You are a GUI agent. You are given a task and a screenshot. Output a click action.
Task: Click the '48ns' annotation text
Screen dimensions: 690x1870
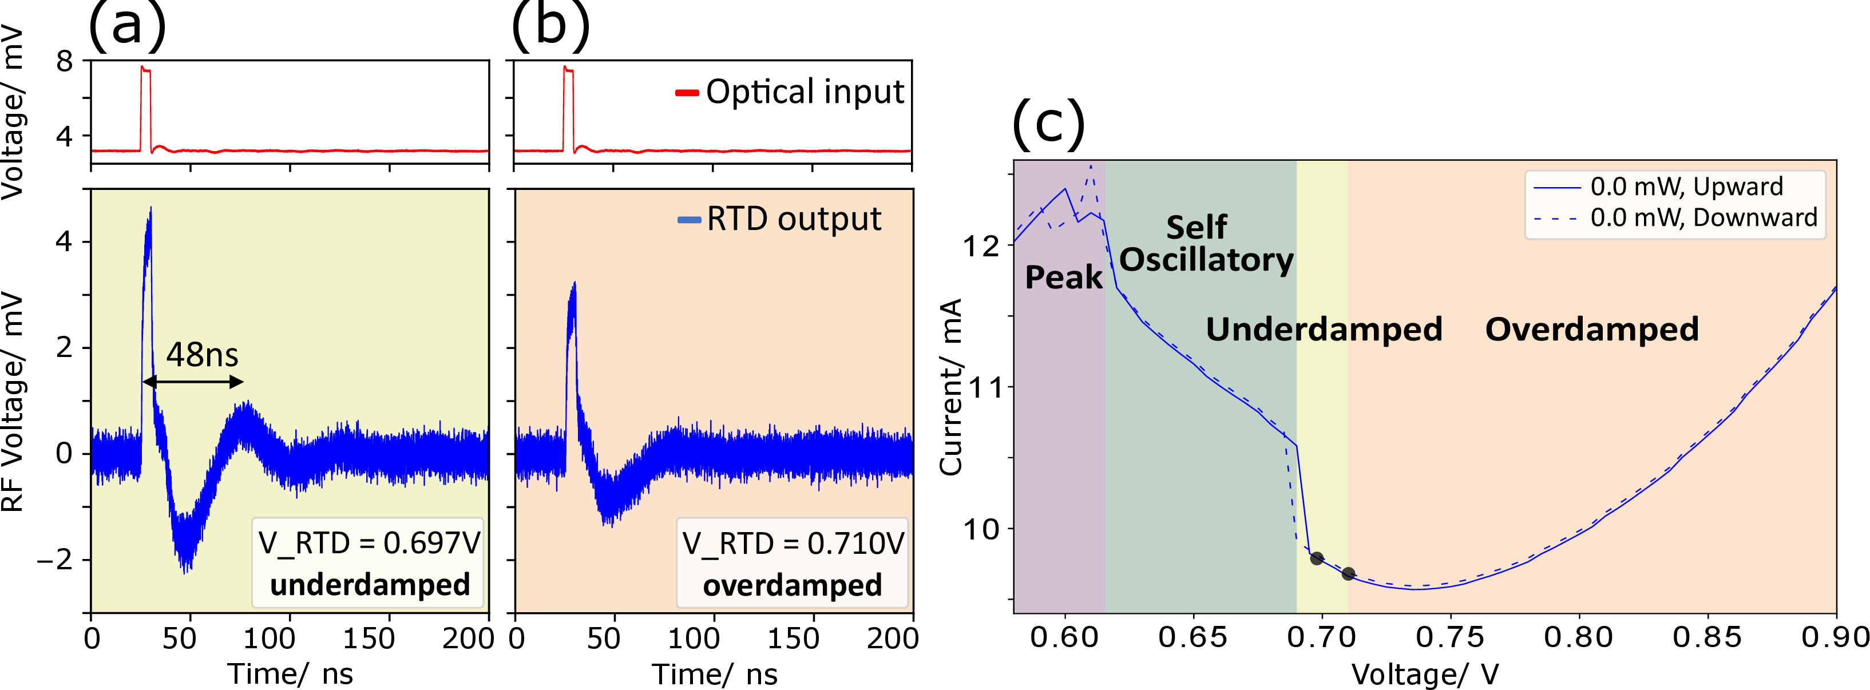click(202, 355)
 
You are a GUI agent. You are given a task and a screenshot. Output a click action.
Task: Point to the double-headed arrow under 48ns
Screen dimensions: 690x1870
click(193, 382)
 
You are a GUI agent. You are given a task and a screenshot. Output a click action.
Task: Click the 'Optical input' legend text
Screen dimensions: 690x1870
click(805, 92)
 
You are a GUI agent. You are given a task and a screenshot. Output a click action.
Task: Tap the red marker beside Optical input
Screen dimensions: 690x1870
click(687, 93)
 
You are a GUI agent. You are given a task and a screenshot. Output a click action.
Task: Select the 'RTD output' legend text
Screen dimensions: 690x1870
click(794, 219)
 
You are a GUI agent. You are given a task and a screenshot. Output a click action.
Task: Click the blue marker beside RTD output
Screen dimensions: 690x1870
click(689, 220)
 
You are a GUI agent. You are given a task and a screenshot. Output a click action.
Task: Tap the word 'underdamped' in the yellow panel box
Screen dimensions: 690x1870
click(370, 585)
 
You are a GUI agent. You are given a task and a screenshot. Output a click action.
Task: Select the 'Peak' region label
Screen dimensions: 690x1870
click(1064, 277)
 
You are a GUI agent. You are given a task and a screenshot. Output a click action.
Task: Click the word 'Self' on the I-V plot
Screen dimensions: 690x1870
click(1197, 228)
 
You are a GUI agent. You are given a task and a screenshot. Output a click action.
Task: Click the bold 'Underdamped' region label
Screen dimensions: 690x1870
click(1324, 330)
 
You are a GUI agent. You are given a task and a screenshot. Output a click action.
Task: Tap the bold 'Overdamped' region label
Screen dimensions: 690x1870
click(1591, 330)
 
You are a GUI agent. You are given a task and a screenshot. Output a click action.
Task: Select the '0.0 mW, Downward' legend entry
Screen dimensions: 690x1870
click(1703, 217)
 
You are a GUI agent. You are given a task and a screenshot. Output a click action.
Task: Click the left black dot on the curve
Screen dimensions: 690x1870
click(1316, 558)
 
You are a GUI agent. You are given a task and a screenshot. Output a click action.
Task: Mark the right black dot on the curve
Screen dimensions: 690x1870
click(1348, 574)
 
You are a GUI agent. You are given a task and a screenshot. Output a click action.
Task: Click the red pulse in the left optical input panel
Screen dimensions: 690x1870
click(146, 109)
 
